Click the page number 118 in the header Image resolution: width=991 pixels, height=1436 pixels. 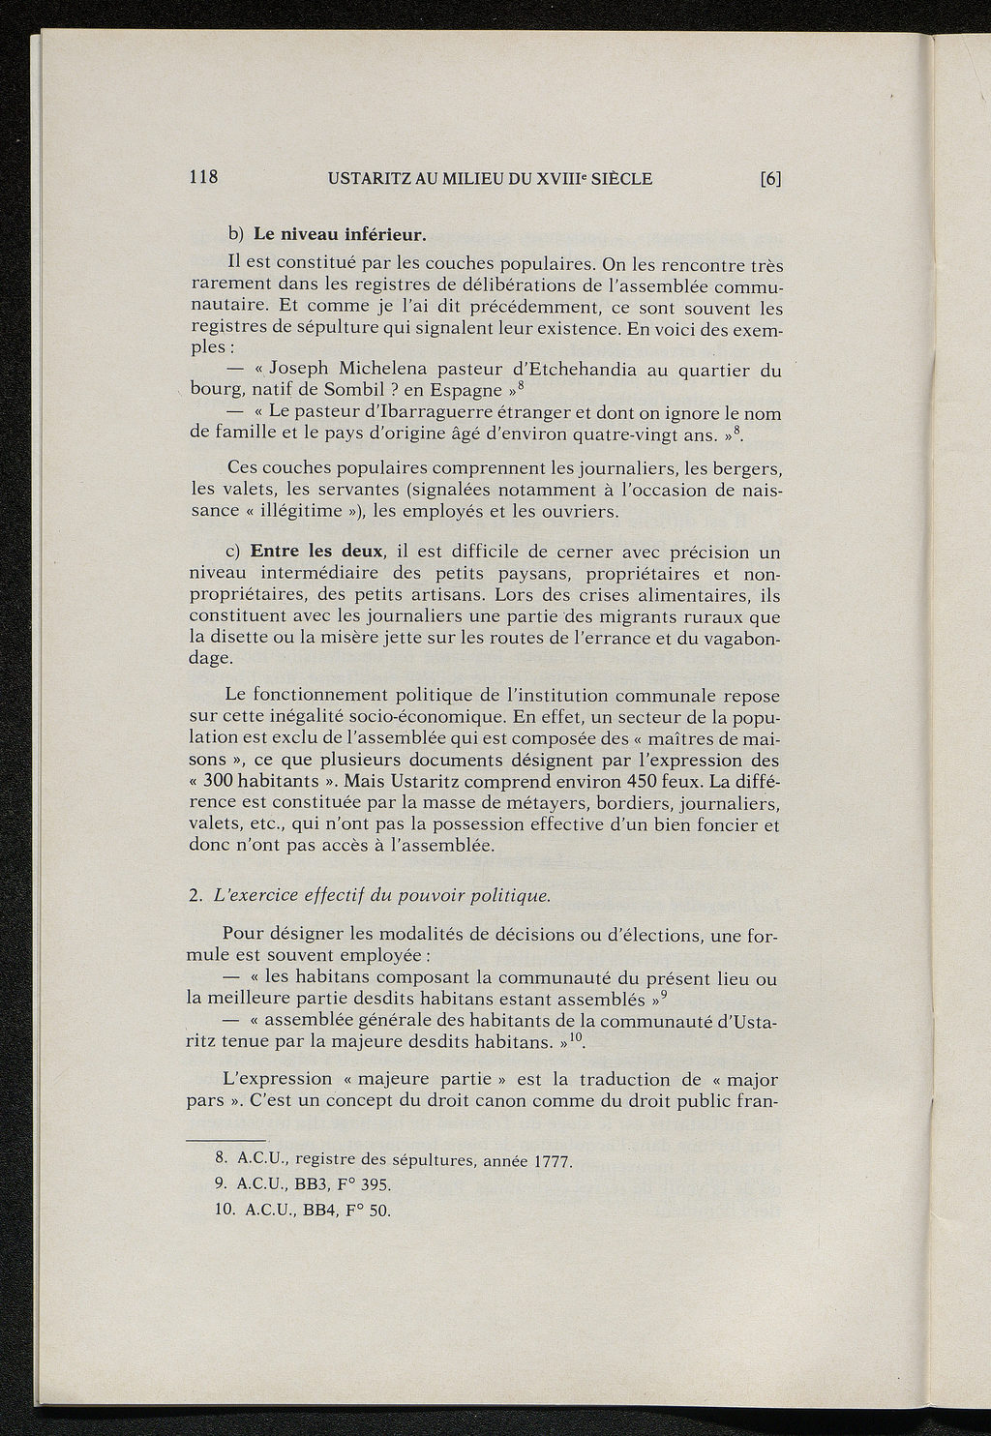point(204,178)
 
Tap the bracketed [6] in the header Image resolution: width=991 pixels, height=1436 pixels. point(770,179)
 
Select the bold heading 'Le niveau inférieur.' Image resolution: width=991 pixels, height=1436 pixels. point(340,235)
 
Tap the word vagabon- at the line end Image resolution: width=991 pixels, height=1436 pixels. point(738,639)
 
